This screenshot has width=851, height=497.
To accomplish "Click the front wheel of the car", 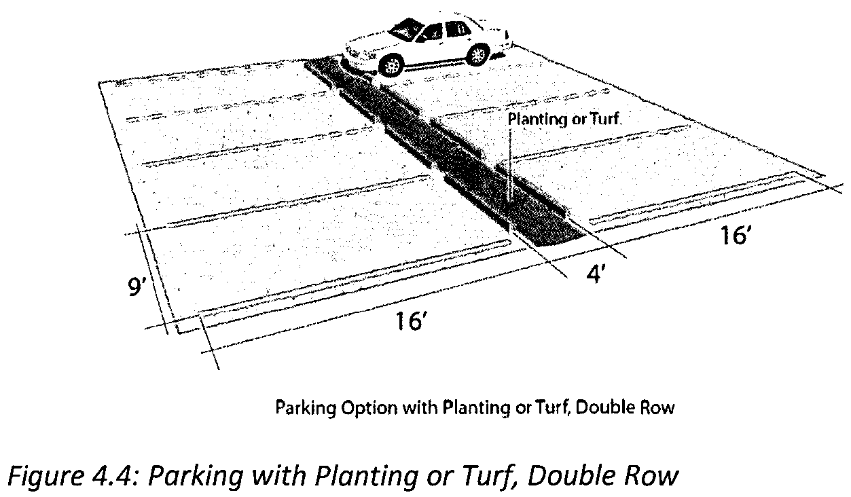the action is (392, 65).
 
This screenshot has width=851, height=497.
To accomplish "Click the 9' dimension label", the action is (138, 288).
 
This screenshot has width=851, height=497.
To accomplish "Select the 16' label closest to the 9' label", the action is (410, 322).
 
